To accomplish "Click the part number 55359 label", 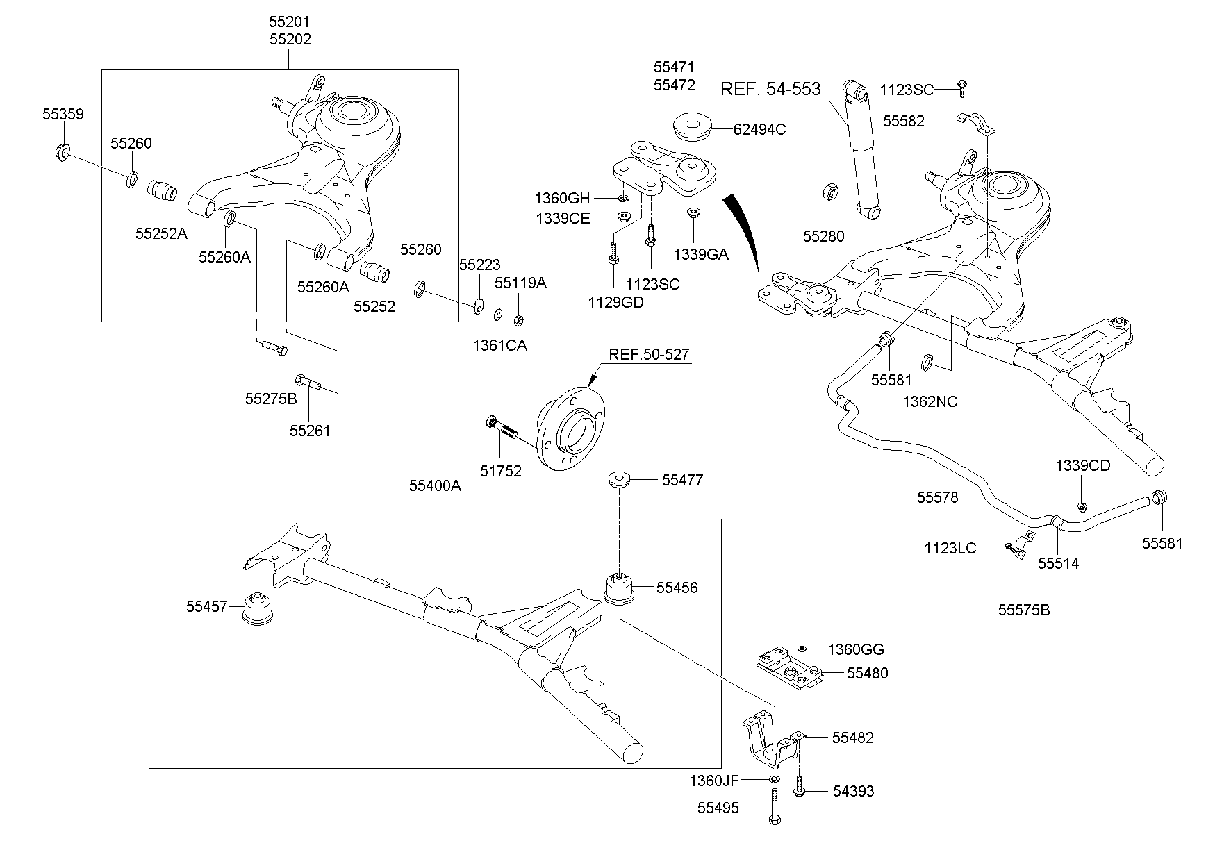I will point(63,114).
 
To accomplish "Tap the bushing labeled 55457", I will point(258,608).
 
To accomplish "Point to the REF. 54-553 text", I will point(770,89).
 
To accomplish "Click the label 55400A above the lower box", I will point(435,486).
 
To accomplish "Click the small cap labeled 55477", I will point(618,479).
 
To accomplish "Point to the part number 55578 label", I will point(937,497).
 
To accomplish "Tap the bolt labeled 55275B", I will point(274,347).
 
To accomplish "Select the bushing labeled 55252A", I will point(163,191).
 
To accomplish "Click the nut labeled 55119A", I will point(518,320).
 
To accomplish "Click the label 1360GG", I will point(856,650).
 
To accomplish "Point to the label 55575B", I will point(1024,610).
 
